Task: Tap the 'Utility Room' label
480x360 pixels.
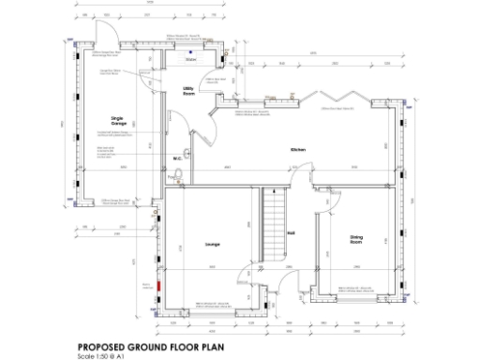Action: coord(188,91)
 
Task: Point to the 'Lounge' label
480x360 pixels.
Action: coord(212,245)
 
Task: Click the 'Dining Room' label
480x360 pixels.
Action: coord(356,240)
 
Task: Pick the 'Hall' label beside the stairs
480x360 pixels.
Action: coord(291,233)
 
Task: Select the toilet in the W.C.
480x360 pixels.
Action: coord(188,154)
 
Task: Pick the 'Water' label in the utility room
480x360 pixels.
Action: coord(191,58)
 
